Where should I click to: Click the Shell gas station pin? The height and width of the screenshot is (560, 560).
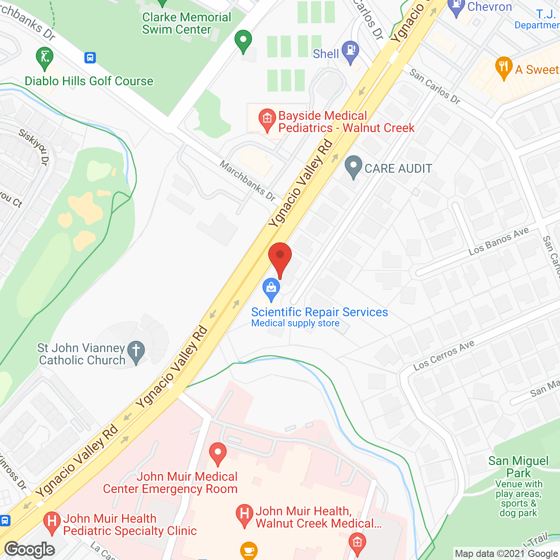tap(350, 51)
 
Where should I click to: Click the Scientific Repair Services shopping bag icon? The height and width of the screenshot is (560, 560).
tap(271, 289)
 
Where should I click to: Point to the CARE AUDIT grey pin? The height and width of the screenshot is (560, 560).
tap(353, 167)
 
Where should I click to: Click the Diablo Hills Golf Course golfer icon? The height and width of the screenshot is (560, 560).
tap(45, 58)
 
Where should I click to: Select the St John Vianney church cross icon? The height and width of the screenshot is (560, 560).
tap(136, 351)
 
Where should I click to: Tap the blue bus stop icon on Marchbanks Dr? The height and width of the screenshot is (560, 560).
tap(90, 58)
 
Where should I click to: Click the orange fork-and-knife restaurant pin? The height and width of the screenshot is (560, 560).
tap(504, 67)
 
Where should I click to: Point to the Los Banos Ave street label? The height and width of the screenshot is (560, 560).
tap(498, 241)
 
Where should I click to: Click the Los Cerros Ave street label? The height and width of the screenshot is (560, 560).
tap(444, 355)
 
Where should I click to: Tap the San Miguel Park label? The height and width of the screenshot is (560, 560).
tap(518, 467)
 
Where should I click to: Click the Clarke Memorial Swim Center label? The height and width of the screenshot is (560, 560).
tap(186, 23)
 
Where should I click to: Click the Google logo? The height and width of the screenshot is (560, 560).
tap(30, 549)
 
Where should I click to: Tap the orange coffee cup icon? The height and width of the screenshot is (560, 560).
tap(249, 550)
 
